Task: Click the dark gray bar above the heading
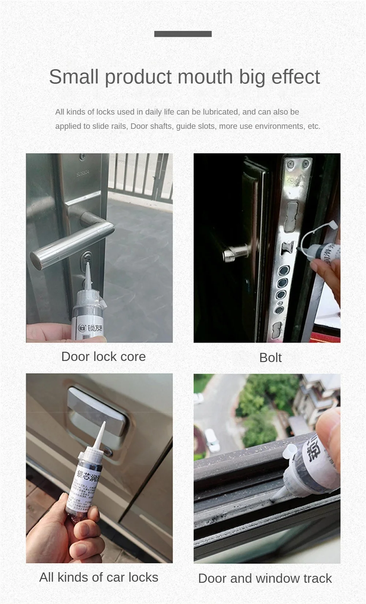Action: point(183,34)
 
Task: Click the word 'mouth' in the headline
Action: point(205,77)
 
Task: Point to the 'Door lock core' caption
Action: point(103,357)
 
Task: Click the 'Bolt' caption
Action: point(270,358)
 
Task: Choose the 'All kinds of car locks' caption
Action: point(98,577)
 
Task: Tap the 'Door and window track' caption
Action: point(265,578)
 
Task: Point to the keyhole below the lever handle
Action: point(87,258)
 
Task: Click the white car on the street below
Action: point(212,439)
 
